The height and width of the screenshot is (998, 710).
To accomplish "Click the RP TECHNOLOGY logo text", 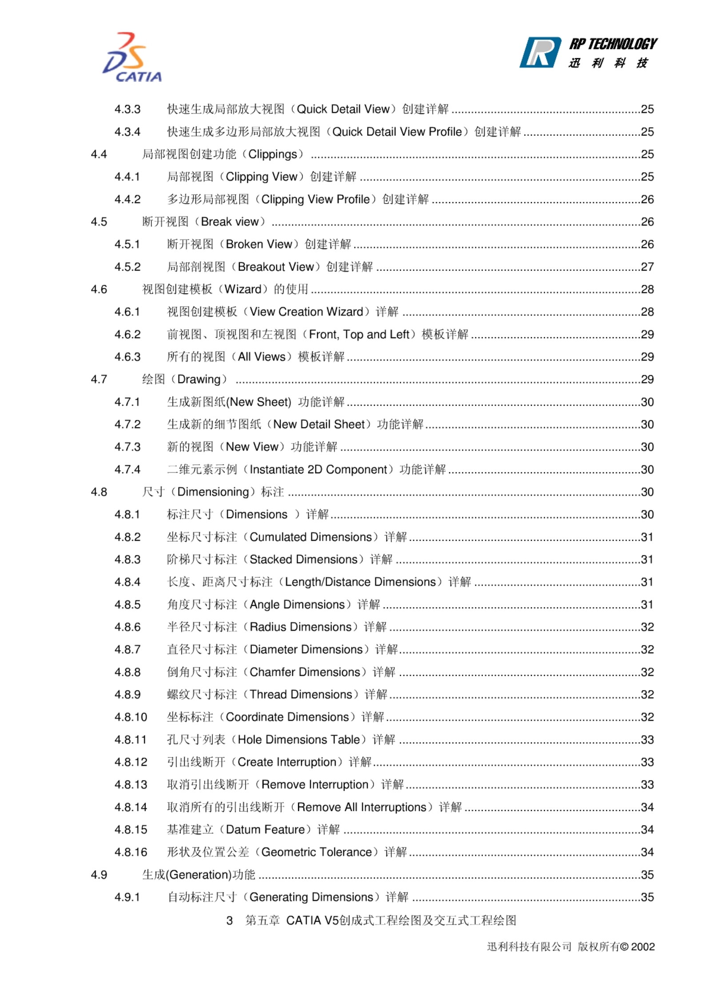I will [612, 44].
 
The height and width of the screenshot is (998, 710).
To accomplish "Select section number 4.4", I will [99, 154].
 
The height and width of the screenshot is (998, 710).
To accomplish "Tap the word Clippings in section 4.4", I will [272, 154].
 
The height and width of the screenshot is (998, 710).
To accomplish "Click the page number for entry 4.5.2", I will [647, 267].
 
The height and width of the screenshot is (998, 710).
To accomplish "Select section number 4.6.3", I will [127, 357].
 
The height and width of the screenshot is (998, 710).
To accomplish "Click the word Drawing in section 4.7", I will [199, 379].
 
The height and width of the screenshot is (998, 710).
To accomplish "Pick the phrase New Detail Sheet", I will [319, 424].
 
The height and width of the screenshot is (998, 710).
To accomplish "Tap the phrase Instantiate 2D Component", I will [318, 469].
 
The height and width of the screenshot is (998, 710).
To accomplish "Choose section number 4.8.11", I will [130, 739].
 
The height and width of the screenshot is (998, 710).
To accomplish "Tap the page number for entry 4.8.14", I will [647, 807].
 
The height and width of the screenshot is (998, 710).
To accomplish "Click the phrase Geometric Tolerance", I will [316, 852].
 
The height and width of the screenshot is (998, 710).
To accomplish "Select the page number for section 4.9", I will [647, 874].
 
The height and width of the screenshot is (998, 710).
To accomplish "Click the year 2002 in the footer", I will [642, 947].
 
